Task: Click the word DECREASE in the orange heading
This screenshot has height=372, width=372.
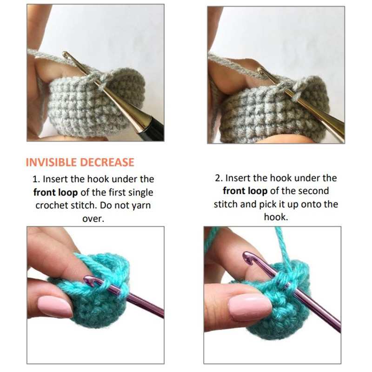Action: coord(107,162)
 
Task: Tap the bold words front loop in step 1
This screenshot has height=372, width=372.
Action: coord(55,193)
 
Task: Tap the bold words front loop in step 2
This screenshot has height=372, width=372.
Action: coord(246,191)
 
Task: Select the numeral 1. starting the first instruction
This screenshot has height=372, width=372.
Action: coord(37,179)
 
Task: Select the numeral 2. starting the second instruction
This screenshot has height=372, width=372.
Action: coord(219,178)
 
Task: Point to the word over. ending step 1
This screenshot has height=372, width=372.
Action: coord(93,219)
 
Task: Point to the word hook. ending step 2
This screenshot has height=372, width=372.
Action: coord(276,217)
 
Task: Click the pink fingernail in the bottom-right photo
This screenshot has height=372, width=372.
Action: coord(250,306)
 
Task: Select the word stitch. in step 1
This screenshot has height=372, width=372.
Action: coord(84,205)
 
